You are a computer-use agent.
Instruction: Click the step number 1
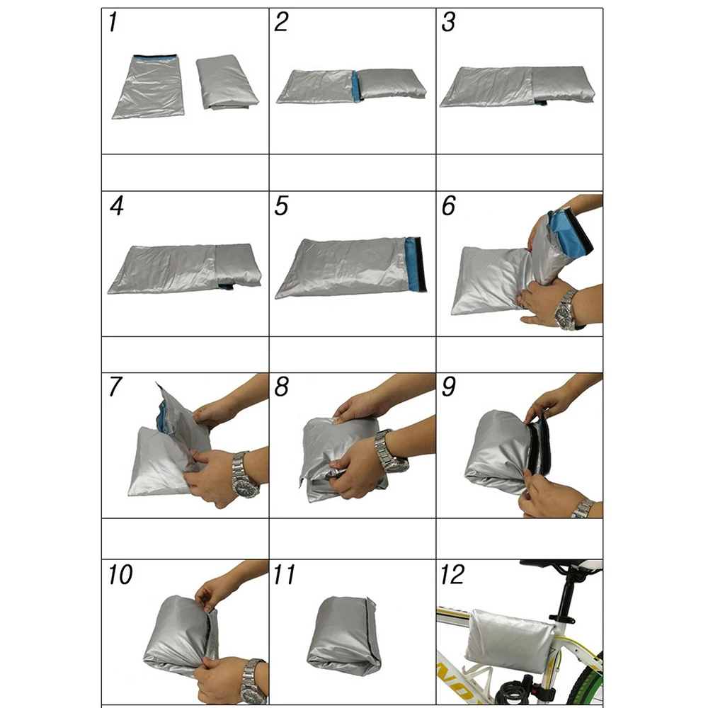click(x=113, y=23)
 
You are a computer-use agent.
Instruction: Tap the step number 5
click(x=282, y=207)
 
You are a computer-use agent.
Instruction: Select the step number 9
click(x=448, y=389)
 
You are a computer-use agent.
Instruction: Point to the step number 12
click(x=452, y=574)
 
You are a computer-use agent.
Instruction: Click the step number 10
click(x=120, y=575)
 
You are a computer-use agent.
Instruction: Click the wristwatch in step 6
click(x=566, y=309)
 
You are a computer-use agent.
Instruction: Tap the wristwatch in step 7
click(x=244, y=475)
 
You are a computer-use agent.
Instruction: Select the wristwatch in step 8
click(x=390, y=451)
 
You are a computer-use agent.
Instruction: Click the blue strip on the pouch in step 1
click(x=155, y=57)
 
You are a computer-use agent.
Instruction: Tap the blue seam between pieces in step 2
click(x=355, y=86)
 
